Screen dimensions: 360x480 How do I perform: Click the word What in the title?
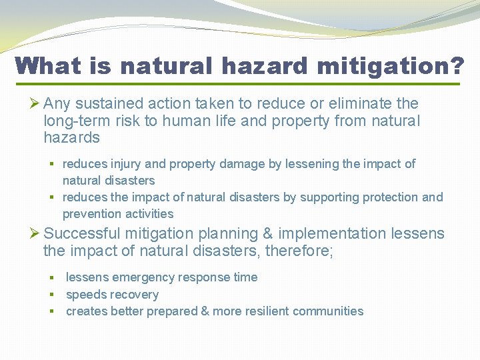click(x=45, y=66)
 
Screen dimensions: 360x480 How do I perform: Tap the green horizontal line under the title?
click(x=238, y=84)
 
